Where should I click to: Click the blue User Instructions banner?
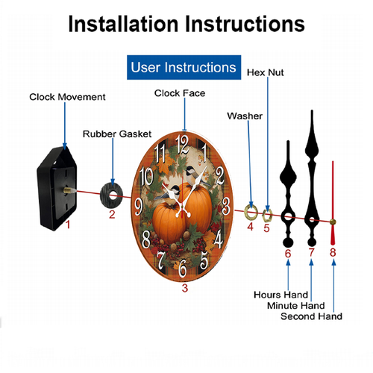[184, 67]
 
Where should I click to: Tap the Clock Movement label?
[67, 97]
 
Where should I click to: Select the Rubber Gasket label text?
[117, 134]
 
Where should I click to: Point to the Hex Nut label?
[265, 72]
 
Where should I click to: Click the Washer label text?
[245, 116]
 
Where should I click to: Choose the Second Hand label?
[311, 316]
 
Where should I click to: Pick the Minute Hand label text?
[296, 305]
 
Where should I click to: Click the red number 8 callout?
[333, 252]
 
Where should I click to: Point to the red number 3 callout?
[184, 288]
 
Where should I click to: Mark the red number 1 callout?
[68, 225]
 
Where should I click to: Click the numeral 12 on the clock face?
[182, 144]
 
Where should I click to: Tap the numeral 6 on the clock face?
[183, 268]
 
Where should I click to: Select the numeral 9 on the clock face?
[139, 207]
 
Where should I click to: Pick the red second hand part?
[333, 203]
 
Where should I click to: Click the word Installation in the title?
[123, 24]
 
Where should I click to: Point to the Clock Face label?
[180, 93]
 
